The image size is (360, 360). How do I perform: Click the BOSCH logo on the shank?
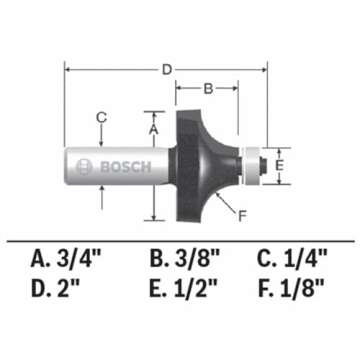coord(127,164)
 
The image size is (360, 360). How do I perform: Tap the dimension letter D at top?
coord(166,68)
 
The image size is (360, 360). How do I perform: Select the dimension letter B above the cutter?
coord(209,90)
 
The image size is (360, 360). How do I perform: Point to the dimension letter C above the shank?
coord(102,117)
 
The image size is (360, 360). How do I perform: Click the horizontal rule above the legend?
coord(180,238)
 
